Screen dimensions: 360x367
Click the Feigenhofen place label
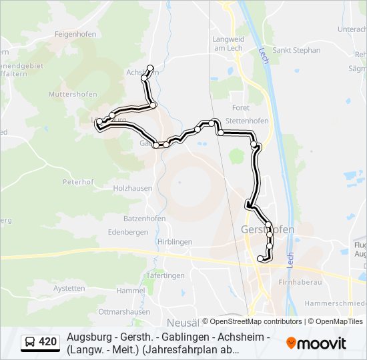tap(75, 34)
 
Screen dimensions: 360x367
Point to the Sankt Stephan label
tap(297, 50)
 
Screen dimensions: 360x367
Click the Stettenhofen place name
tap(247, 121)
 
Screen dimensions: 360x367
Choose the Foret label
tap(240, 107)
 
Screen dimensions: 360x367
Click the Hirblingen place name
tap(174, 242)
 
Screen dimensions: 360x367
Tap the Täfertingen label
tap(165, 275)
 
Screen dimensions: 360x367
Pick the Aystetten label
tap(69, 289)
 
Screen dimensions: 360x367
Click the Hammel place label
tap(130, 291)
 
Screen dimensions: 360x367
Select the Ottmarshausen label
tap(123, 311)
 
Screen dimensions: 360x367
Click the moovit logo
tap(316, 343)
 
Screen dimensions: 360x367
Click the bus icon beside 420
tap(31, 343)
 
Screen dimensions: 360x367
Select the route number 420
tap(47, 343)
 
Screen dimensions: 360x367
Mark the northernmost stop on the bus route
tap(150, 67)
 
